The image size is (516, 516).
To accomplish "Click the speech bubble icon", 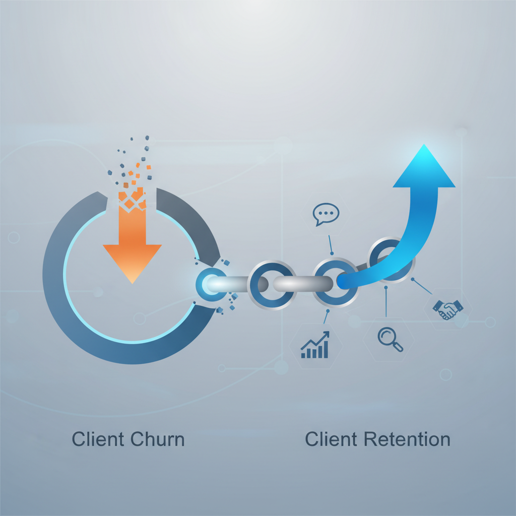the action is [326, 214].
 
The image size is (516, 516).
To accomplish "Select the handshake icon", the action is [447, 309].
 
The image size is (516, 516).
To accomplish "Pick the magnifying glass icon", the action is [390, 339].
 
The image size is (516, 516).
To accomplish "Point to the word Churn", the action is [157, 439].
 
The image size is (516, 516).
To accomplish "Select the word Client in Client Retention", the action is [331, 439].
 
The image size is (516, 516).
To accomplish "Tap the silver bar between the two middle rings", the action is [297, 284].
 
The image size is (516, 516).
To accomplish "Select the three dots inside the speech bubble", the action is [327, 213].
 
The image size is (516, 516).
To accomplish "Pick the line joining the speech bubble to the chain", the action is [331, 245].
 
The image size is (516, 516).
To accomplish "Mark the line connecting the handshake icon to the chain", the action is [422, 286].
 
